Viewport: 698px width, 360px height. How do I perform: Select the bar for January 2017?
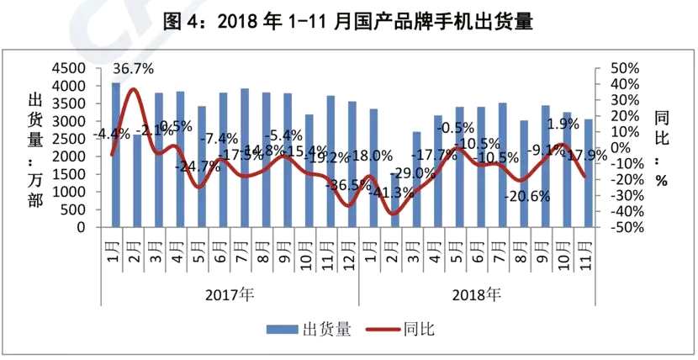[x=116, y=155]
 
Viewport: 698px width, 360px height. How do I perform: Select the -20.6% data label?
[x=528, y=196]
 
